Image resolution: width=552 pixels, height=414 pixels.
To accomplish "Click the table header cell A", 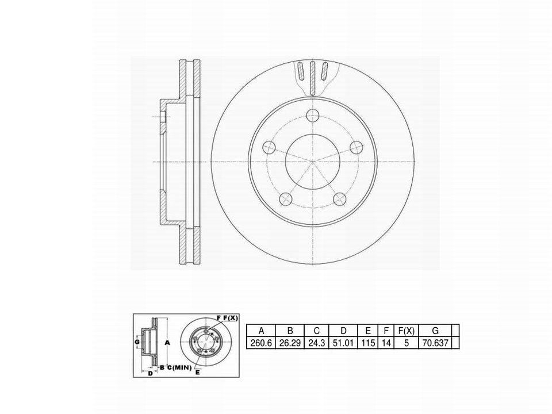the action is click(x=261, y=331).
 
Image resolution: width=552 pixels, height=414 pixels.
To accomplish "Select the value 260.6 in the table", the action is click(x=261, y=343).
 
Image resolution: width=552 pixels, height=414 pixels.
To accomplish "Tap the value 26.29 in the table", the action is click(x=290, y=343).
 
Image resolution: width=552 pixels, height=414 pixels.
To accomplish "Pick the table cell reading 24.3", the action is click(x=316, y=343).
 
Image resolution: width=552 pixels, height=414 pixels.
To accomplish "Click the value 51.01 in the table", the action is click(x=344, y=343).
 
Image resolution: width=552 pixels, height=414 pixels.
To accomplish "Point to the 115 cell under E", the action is click(x=368, y=343).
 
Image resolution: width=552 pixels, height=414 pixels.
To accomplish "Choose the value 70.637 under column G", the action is click(x=435, y=343).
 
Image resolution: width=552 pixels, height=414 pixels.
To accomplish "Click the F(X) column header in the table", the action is click(x=407, y=331).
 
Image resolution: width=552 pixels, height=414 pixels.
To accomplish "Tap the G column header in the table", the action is click(x=435, y=331).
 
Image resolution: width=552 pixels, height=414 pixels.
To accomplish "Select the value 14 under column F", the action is click(x=386, y=343).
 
